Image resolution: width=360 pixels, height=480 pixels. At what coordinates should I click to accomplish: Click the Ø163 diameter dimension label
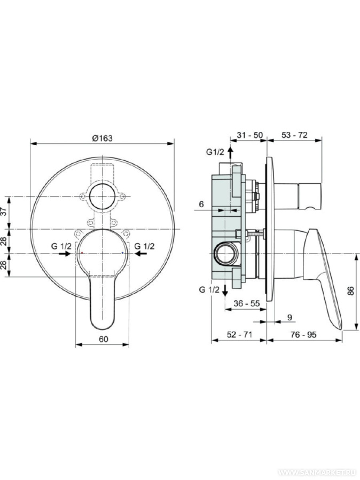pos(102,138)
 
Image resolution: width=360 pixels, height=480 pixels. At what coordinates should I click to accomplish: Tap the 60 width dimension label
pos(104,339)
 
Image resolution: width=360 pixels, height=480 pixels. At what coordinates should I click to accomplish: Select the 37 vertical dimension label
pos(4,211)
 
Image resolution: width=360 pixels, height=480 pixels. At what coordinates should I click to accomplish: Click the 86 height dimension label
pos(351,291)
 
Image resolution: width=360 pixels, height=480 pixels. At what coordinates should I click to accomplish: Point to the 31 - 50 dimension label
pos(250,135)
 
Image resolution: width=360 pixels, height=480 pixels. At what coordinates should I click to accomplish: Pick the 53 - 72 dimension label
pos(294,135)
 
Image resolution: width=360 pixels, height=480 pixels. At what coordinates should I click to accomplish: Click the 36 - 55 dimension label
pos(246,303)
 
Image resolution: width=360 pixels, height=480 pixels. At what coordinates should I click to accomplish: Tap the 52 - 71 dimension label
pos(239,335)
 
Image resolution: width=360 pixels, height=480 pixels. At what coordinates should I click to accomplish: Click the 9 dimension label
pos(290,318)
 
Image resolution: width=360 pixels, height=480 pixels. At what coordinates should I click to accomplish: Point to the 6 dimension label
pos(201,204)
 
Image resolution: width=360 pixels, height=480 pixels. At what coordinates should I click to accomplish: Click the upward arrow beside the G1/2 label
pos(230,151)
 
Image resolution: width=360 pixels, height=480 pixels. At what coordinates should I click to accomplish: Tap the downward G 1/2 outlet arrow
pos(225,289)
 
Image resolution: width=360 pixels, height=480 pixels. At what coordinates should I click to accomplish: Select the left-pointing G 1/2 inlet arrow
pos(140,254)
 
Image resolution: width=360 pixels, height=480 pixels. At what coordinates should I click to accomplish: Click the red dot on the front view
pos(82,253)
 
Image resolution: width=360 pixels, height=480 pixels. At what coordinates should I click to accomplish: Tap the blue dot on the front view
pos(122,253)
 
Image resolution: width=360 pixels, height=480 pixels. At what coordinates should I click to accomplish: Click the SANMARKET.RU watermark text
pos(319,473)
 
